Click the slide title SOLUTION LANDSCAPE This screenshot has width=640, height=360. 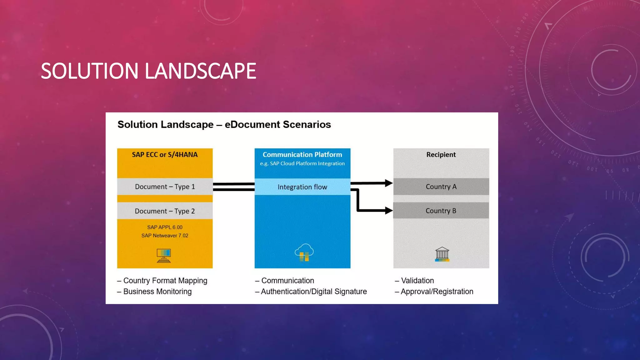coord(148,71)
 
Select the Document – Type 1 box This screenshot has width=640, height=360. coord(165,187)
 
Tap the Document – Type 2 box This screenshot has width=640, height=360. coord(165,211)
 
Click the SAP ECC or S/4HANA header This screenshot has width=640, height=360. coord(165,155)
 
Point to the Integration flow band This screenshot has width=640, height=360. coord(302,187)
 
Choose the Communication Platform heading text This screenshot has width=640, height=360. coord(302,155)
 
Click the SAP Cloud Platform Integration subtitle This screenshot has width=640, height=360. coord(302,163)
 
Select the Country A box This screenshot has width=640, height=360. coord(441,187)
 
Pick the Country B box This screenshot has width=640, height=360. coord(441,211)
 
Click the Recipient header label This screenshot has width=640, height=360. coord(441,155)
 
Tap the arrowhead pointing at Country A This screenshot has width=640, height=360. coord(388,183)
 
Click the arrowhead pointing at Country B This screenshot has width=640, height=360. coord(388,210)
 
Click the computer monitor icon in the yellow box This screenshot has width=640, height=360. coord(164,255)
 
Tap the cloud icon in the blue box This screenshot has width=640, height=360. coord(304,252)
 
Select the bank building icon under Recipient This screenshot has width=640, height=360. coord(442,254)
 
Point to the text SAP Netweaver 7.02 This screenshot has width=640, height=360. coord(165,236)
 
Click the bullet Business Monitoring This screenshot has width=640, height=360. coord(157,292)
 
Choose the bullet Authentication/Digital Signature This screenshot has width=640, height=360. coord(313,292)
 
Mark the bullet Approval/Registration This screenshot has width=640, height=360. coord(437,292)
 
